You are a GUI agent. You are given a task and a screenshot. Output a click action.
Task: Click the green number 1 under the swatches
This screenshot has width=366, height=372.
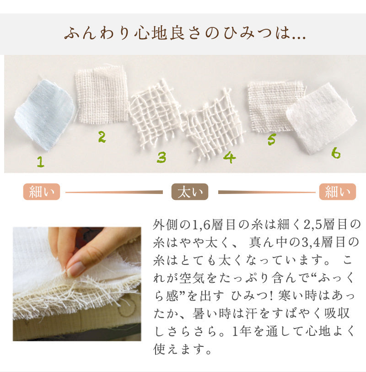pyautogui.click(x=41, y=162)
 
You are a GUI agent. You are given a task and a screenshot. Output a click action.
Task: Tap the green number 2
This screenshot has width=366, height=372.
pyautogui.click(x=102, y=137)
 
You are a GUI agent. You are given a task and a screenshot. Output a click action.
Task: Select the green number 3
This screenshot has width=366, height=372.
pyautogui.click(x=161, y=157)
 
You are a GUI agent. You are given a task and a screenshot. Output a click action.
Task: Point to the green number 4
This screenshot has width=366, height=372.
pyautogui.click(x=229, y=157)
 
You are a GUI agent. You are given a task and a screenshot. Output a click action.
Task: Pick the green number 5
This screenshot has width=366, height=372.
pyautogui.click(x=272, y=139)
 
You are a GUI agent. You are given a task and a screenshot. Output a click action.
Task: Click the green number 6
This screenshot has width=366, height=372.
pyautogui.click(x=336, y=153)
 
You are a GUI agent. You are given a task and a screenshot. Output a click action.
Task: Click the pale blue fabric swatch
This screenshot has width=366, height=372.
pyautogui.click(x=44, y=115)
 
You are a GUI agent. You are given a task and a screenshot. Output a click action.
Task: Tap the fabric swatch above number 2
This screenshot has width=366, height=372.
pyautogui.click(x=102, y=95)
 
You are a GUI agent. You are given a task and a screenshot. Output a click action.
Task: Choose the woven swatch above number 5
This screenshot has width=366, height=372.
pyautogui.click(x=275, y=106)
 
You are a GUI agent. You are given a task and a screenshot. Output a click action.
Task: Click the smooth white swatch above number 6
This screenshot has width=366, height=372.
pyautogui.click(x=322, y=118)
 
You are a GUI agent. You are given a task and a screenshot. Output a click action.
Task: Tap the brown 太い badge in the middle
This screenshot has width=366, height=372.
pyautogui.click(x=190, y=192)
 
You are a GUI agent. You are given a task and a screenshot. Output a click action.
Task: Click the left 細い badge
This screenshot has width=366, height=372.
pyautogui.click(x=42, y=192)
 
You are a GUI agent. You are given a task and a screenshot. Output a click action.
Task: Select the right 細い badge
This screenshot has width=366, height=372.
pyautogui.click(x=338, y=192)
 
